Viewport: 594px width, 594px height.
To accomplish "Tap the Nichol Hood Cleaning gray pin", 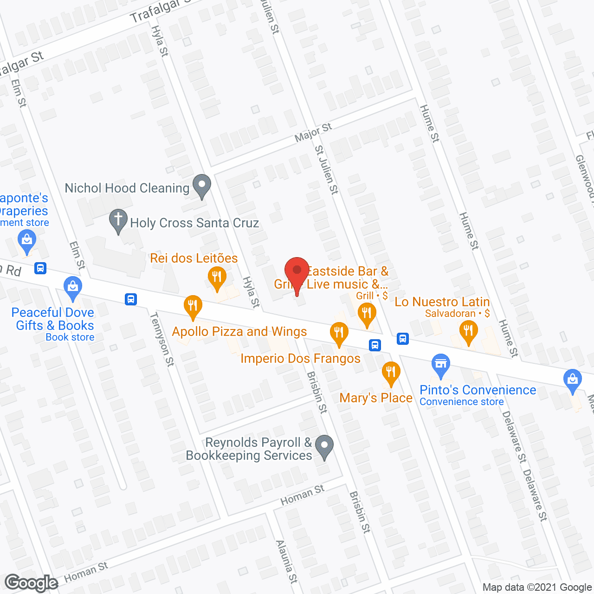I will (202, 186).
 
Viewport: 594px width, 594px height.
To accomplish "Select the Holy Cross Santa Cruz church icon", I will (118, 221).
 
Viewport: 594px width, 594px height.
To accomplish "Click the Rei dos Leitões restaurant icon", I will (217, 278).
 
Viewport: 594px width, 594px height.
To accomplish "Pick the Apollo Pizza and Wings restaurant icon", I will (193, 307).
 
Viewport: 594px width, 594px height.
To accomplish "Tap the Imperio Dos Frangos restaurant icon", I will (339, 334).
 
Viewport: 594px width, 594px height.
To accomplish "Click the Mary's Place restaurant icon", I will (391, 373).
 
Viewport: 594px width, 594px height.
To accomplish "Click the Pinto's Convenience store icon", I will (440, 365).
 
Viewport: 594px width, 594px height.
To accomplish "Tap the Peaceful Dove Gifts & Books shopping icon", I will (73, 288).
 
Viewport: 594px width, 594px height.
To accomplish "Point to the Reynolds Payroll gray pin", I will (324, 446).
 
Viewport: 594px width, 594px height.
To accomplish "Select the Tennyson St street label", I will (162, 339).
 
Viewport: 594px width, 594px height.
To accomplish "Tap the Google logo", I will (31, 583).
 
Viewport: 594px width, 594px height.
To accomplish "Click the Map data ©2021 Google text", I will (537, 588).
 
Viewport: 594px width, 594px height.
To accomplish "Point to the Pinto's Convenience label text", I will (478, 390).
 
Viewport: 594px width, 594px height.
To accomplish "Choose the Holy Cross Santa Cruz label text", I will (194, 223).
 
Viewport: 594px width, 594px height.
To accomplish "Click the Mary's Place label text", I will (376, 398).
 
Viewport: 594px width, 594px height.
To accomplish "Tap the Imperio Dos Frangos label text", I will (300, 358).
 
